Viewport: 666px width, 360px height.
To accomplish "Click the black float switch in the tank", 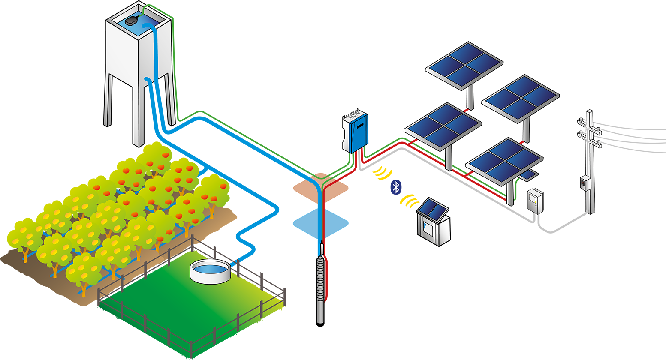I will tap(133, 20).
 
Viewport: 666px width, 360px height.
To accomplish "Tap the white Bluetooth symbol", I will tap(396, 187).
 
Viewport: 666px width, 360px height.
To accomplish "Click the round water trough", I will tap(210, 272).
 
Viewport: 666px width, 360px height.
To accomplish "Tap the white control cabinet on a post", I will tap(535, 201).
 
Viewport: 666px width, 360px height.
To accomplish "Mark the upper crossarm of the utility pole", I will tap(591, 123).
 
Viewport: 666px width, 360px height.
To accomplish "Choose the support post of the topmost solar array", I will tap(470, 96).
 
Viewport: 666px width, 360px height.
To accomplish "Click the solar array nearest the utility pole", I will tap(521, 98).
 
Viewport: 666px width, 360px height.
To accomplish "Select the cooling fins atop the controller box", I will tap(354, 116).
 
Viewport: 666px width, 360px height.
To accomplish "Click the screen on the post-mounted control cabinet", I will tap(533, 198).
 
